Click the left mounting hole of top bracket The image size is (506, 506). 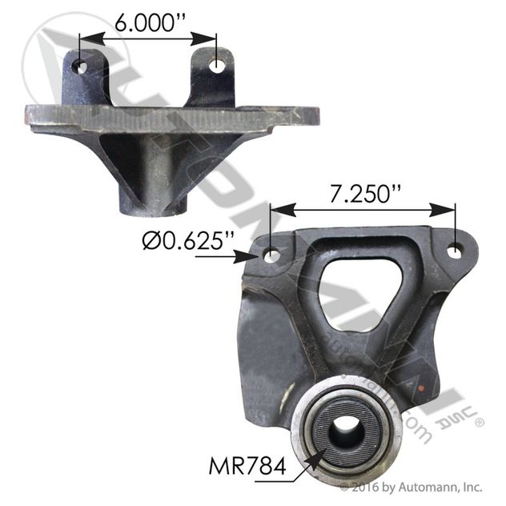80,66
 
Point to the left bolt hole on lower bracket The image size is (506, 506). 272,256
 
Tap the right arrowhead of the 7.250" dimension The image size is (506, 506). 448,210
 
